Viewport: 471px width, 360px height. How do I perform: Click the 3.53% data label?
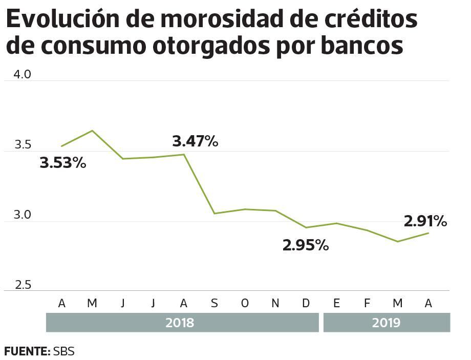[63, 164]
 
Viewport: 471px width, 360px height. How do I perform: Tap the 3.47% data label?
[195, 141]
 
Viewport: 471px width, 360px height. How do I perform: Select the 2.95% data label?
[306, 245]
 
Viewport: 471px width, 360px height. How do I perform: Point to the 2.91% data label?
[425, 221]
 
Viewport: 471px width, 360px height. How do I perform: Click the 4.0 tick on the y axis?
[23, 74]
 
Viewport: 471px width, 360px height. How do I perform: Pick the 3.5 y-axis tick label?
[23, 145]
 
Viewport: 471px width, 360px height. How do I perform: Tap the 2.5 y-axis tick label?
[23, 285]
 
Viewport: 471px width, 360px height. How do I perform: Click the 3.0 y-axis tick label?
[23, 215]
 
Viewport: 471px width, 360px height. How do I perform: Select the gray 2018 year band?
[182, 323]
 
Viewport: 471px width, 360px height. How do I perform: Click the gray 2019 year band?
[386, 323]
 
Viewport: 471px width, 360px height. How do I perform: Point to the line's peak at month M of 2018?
[92, 131]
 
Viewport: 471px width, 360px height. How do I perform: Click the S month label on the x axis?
[215, 303]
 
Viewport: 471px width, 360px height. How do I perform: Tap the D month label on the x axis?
[306, 303]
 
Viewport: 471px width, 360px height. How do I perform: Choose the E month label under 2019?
[336, 303]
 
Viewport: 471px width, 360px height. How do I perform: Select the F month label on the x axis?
[367, 303]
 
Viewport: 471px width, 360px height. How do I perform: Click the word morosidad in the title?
[221, 19]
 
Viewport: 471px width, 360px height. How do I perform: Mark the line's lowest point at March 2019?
[398, 241]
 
